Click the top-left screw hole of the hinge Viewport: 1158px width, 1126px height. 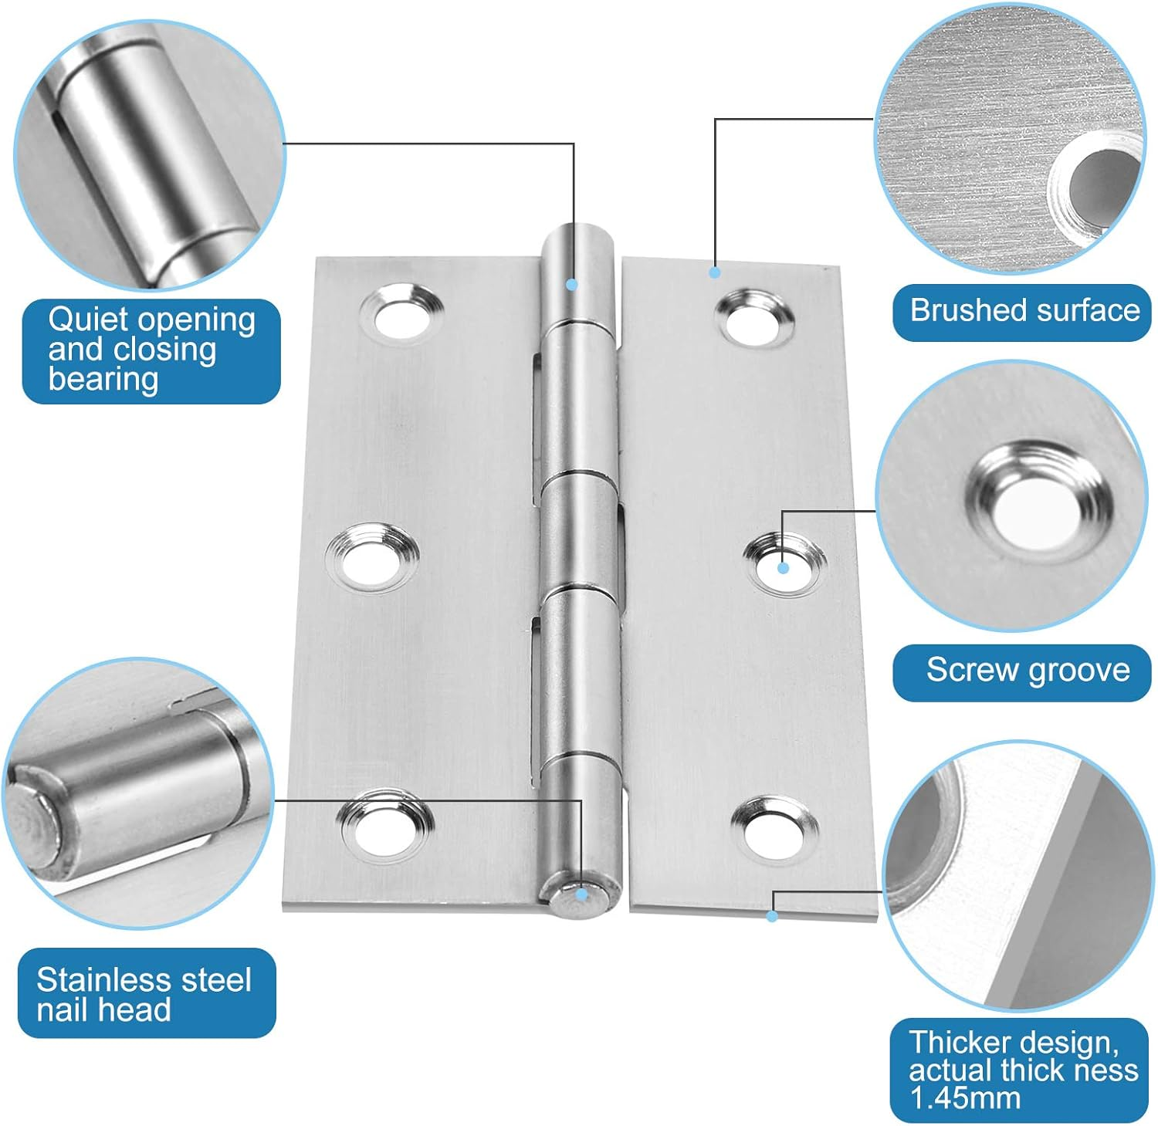402,315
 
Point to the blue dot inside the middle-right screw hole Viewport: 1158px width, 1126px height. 783,568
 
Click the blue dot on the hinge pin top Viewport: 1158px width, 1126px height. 572,285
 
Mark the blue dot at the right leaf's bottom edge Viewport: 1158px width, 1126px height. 771,916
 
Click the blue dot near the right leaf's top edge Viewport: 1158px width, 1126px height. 714,272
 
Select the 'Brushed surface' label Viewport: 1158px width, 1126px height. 1024,311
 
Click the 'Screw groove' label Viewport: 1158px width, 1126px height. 1027,671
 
